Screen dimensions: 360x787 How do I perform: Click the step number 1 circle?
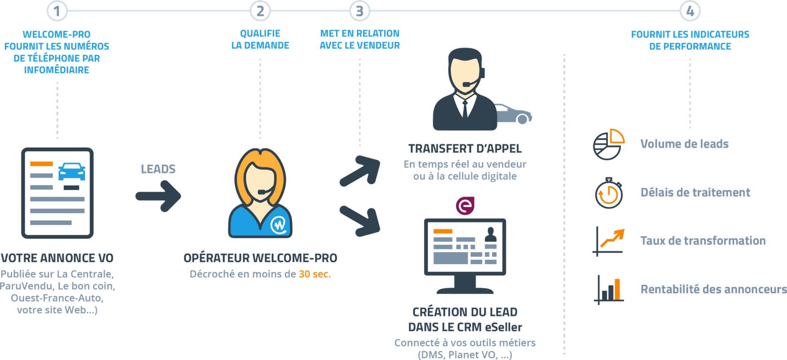(x=57, y=11)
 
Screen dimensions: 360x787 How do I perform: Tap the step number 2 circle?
(x=260, y=11)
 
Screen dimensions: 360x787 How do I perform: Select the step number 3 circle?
(x=360, y=11)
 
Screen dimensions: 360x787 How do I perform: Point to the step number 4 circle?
(x=690, y=11)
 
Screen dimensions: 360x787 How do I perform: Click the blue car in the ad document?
(x=72, y=171)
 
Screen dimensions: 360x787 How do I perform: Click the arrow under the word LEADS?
(x=158, y=196)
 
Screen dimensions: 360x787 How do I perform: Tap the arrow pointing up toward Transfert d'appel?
(x=360, y=170)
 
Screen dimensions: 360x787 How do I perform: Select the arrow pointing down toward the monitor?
(x=360, y=221)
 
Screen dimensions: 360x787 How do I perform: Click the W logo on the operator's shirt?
(x=279, y=225)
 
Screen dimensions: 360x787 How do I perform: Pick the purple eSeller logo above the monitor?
(x=465, y=205)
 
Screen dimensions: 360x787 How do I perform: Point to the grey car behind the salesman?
(x=514, y=114)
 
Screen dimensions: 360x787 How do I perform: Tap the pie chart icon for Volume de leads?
(x=608, y=144)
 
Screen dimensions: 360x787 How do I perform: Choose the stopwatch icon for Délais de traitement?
(x=609, y=193)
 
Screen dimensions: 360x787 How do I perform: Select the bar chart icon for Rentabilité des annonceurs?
(x=609, y=290)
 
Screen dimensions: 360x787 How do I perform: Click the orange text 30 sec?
(x=315, y=274)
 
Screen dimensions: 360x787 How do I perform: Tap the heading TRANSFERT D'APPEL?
(x=465, y=148)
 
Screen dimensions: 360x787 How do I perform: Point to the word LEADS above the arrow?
(x=158, y=169)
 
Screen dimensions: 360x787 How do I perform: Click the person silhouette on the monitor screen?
(x=491, y=234)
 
